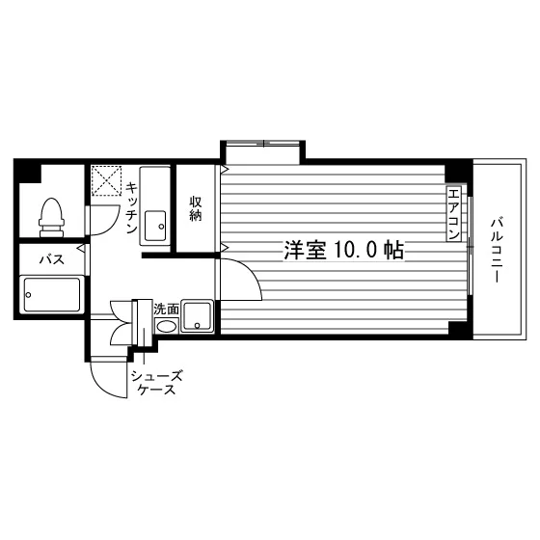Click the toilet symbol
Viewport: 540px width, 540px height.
[x=52, y=217]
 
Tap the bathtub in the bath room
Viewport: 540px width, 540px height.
[x=52, y=294]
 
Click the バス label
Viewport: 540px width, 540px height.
[x=52, y=259]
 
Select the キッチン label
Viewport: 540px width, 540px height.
[x=131, y=207]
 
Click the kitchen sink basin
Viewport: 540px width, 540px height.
[x=155, y=226]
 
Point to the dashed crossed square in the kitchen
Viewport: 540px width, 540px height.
[x=106, y=180]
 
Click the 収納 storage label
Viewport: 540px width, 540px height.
[x=195, y=208]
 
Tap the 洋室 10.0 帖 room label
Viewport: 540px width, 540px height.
[x=343, y=250]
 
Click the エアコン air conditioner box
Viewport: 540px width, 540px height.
[x=453, y=214]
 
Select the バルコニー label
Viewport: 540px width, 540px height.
[x=497, y=250]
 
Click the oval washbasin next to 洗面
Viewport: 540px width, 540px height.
[x=166, y=326]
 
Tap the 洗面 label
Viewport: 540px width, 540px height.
[x=166, y=309]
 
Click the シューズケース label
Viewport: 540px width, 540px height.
[x=156, y=382]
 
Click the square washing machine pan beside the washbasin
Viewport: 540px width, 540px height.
[x=198, y=316]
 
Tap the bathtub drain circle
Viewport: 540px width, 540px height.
[x=28, y=295]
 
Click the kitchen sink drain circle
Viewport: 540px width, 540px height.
[x=160, y=227]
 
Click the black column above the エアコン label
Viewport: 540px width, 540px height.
[x=456, y=173]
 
